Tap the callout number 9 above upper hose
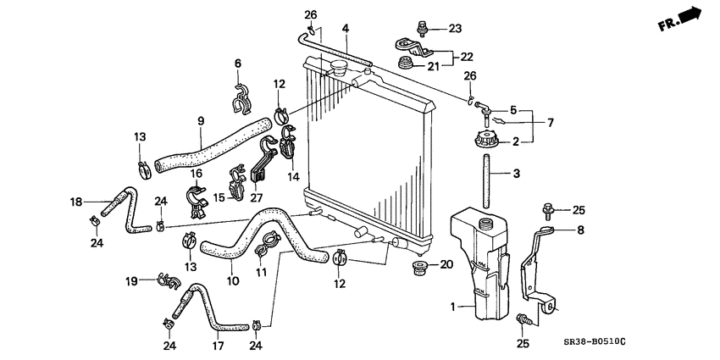200,121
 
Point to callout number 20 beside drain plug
446,265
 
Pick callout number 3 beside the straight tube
516,176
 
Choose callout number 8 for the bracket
581,229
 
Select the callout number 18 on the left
76,202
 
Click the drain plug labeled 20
418,270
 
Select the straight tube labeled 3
487,178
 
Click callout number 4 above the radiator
345,29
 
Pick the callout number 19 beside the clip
131,280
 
